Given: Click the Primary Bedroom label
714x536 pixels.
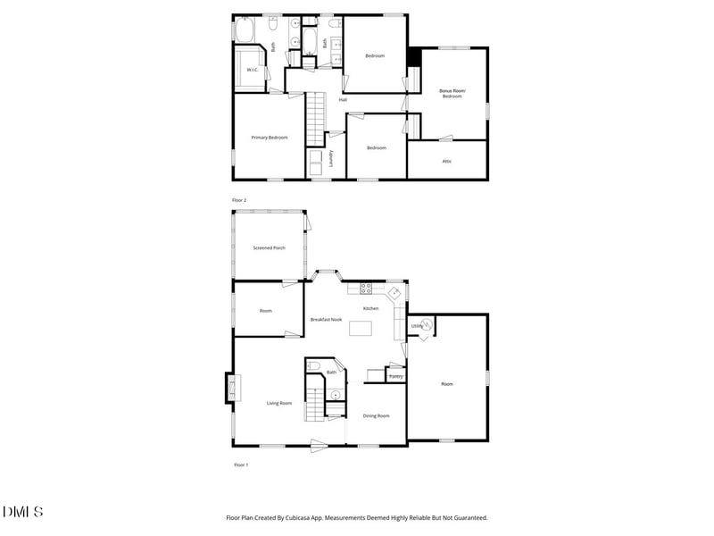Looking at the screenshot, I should [269, 138].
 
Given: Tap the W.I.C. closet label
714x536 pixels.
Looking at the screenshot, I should [253, 70].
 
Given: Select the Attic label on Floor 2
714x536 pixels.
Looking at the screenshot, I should [447, 161].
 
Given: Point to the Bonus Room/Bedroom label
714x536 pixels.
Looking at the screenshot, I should [451, 94].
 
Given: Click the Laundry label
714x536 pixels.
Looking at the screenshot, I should [331, 158].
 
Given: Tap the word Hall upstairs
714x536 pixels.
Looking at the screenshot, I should [343, 100].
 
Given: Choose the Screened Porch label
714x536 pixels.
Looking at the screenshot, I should [269, 247].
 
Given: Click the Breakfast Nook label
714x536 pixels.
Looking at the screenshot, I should [326, 319].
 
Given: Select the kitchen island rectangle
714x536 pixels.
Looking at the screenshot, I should [361, 328].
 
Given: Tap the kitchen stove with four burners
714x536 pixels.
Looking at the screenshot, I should [365, 288].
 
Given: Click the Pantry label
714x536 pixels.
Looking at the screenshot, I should [396, 377].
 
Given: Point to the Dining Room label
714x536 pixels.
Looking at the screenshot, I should [376, 415].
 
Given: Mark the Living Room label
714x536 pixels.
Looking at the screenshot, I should [279, 403].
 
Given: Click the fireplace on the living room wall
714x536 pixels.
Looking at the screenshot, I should [231, 388].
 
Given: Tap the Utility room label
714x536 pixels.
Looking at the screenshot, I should [416, 326].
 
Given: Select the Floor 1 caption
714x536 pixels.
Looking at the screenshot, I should [241, 465].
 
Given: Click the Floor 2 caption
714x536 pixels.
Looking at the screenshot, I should [238, 200].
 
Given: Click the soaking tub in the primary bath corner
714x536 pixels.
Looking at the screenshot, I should [245, 31].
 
